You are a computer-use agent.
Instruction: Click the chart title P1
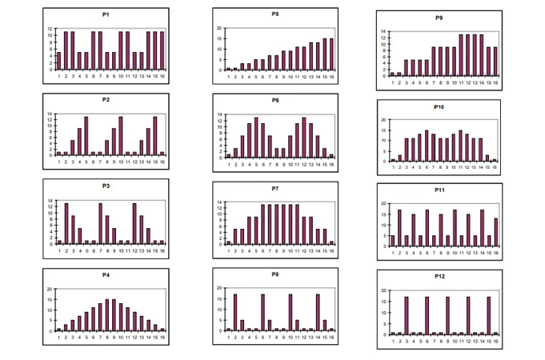click(106, 15)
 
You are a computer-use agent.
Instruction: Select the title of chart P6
click(275, 101)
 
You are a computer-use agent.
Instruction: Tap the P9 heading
click(439, 18)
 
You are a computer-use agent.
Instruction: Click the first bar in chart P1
click(58, 61)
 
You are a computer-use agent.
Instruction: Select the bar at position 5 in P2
click(86, 136)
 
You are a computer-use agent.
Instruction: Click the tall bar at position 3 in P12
click(407, 316)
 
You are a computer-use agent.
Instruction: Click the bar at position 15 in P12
click(488, 316)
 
